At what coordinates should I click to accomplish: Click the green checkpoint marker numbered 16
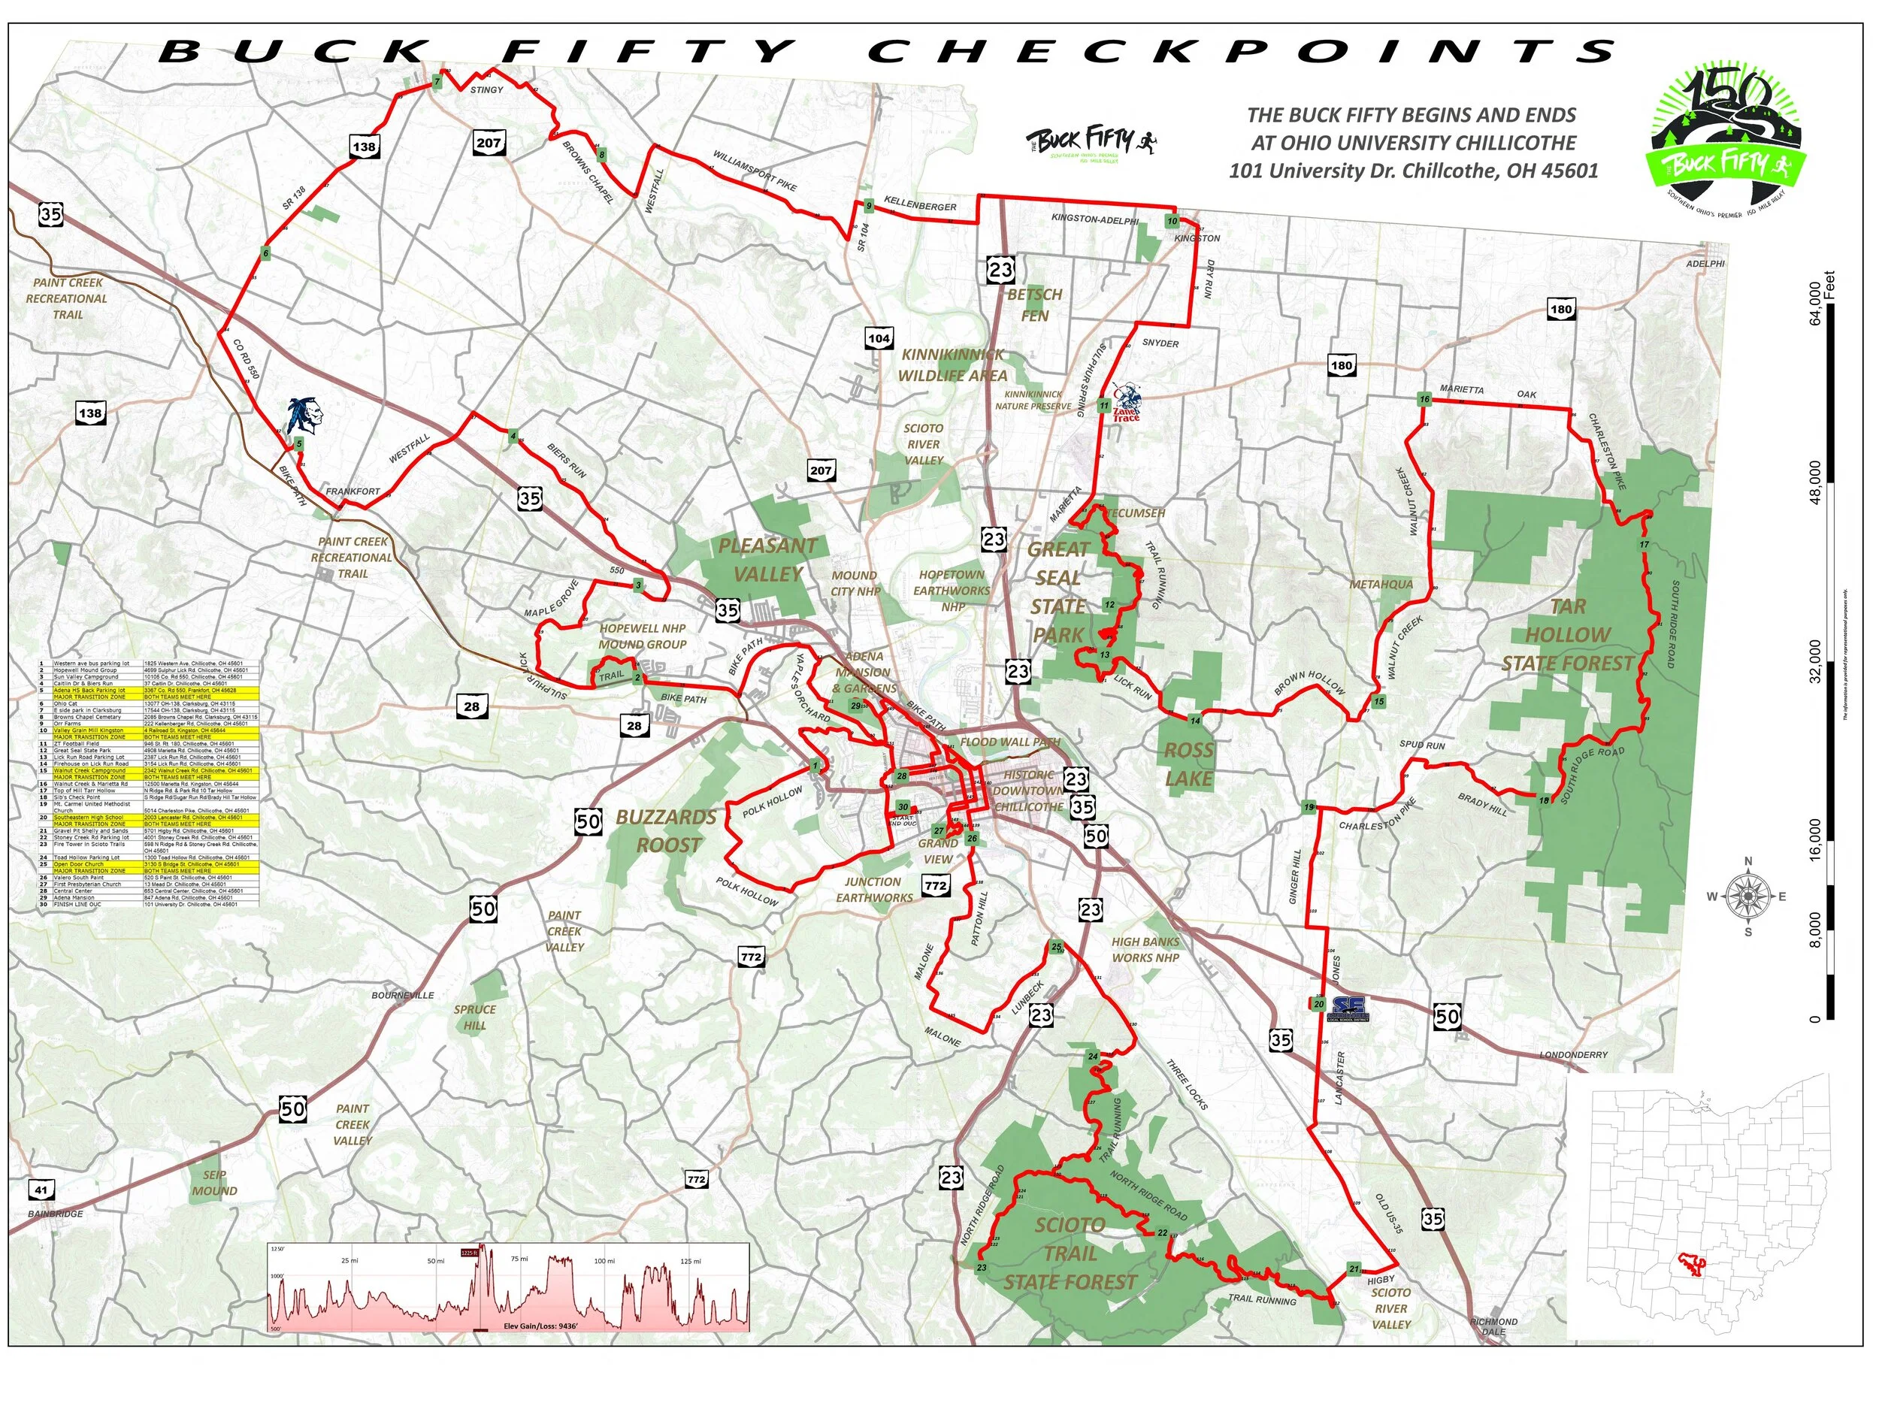[1424, 399]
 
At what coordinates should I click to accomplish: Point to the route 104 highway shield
[879, 338]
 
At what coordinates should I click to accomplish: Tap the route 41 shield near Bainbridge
[41, 1190]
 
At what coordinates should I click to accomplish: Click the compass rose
[1748, 896]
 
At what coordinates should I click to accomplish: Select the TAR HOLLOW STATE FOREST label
[1567, 634]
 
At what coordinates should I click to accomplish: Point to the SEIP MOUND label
[214, 1183]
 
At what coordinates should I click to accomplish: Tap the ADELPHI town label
[1705, 263]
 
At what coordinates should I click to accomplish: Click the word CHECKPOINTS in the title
[1240, 52]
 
